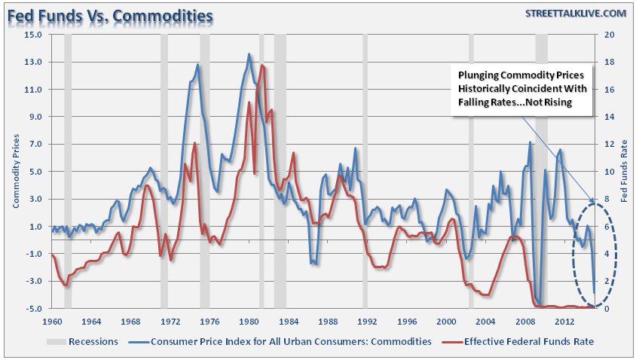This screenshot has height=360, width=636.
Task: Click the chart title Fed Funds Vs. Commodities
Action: click(109, 15)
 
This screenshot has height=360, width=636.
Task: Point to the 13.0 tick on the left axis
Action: click(33, 62)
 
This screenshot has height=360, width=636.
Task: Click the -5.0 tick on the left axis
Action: click(33, 309)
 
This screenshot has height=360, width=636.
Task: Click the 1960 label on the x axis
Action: click(52, 322)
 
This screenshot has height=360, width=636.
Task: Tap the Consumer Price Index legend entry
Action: click(291, 341)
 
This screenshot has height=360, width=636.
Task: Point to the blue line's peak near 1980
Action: click(249, 54)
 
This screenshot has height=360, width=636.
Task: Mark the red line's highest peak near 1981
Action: click(261, 66)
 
